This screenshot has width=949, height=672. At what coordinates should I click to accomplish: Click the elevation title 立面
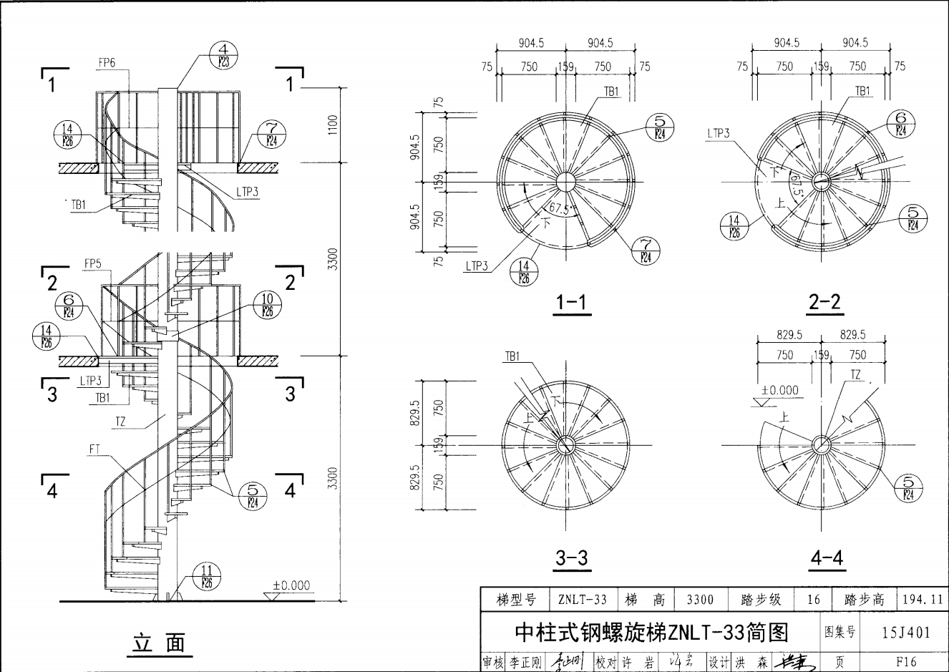[x=159, y=643]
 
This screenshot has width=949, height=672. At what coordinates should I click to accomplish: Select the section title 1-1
[x=570, y=303]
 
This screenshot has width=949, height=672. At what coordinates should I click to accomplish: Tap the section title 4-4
[x=827, y=558]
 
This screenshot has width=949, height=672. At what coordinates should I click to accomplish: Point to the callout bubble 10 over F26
[x=267, y=305]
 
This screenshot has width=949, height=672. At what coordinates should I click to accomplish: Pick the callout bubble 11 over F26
[x=207, y=576]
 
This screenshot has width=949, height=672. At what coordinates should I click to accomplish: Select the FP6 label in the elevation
[x=107, y=63]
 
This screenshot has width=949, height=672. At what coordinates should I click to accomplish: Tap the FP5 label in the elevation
[x=93, y=264]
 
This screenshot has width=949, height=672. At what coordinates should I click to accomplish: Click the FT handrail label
[x=95, y=449]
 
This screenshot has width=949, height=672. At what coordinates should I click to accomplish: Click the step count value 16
[x=814, y=600]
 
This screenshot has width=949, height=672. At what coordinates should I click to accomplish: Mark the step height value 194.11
[x=923, y=600]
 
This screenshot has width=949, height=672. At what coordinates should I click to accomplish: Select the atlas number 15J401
[x=907, y=632]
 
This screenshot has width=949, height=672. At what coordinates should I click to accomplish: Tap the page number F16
[x=905, y=662]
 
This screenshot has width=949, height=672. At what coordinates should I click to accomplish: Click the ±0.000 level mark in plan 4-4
[x=779, y=391]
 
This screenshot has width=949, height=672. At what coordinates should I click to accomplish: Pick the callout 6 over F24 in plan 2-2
[x=901, y=123]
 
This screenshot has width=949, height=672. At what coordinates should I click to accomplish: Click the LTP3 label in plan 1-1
[x=477, y=266]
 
